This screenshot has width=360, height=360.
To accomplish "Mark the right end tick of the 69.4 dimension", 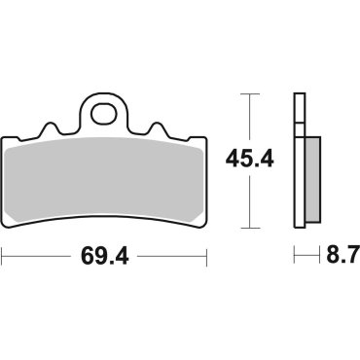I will click(x=207, y=258).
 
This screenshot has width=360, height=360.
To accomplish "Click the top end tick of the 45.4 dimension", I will click(x=251, y=93).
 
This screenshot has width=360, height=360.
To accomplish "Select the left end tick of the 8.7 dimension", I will click(x=295, y=258).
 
